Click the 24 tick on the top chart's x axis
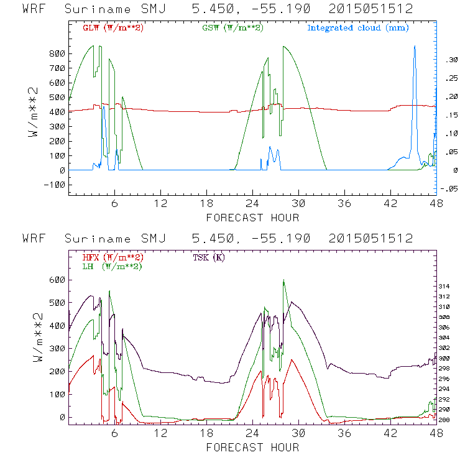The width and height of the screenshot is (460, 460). click(x=252, y=203)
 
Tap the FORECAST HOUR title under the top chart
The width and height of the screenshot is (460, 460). click(x=252, y=218)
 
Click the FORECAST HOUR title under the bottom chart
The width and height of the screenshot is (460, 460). click(x=252, y=448)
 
